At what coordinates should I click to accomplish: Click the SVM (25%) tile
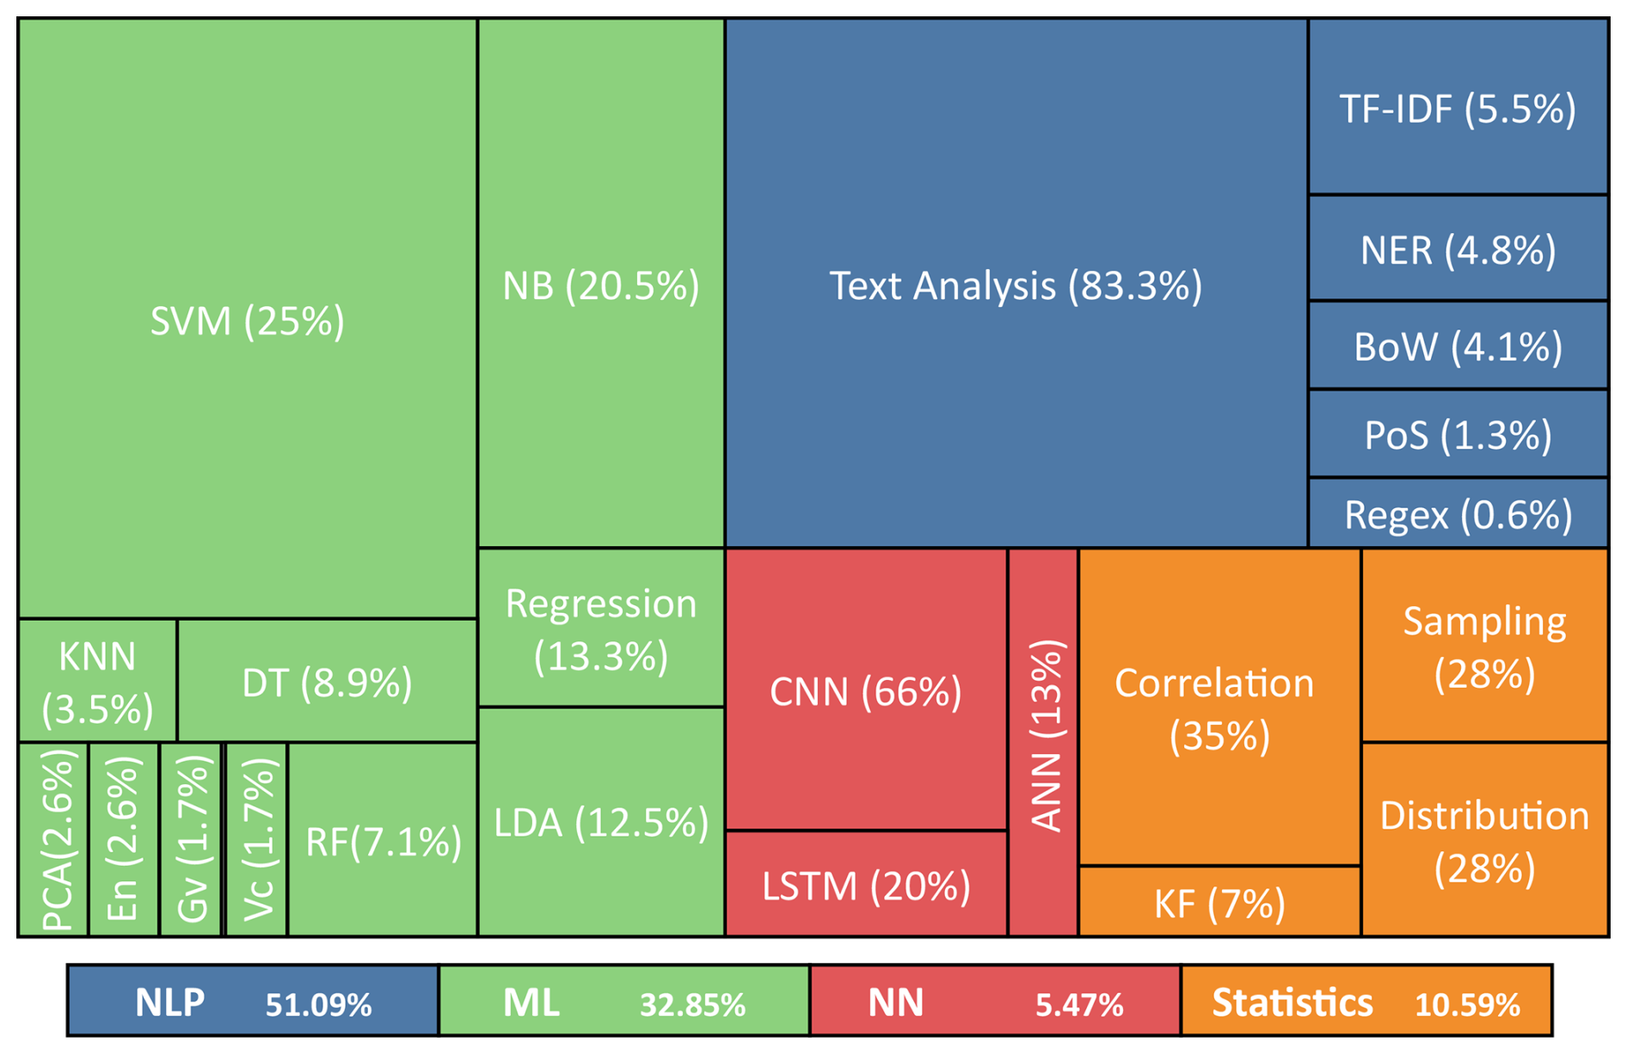(x=247, y=320)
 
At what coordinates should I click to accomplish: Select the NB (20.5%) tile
(x=600, y=284)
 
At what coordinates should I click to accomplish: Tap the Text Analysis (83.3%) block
(x=1016, y=284)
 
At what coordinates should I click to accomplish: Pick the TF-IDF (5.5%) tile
(x=1458, y=107)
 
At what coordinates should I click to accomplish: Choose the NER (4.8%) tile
(x=1458, y=248)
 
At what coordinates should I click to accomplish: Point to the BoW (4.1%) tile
(x=1458, y=346)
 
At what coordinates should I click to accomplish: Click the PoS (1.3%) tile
(x=1458, y=434)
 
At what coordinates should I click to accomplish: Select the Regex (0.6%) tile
(x=1458, y=513)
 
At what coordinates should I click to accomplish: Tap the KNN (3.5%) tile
(x=97, y=681)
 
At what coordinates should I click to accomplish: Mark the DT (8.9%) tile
(x=327, y=681)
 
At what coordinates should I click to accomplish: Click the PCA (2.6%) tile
(x=53, y=839)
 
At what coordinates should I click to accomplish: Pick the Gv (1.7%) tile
(x=191, y=839)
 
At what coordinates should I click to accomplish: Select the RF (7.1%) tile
(x=383, y=839)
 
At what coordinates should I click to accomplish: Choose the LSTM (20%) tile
(x=865, y=884)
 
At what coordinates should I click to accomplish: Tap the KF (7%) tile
(x=1219, y=902)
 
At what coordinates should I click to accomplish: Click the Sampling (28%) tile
(x=1484, y=646)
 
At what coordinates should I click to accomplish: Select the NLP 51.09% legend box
(x=253, y=1001)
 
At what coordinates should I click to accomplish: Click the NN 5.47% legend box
(x=995, y=1001)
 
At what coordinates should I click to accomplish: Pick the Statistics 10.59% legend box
(x=1366, y=1001)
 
